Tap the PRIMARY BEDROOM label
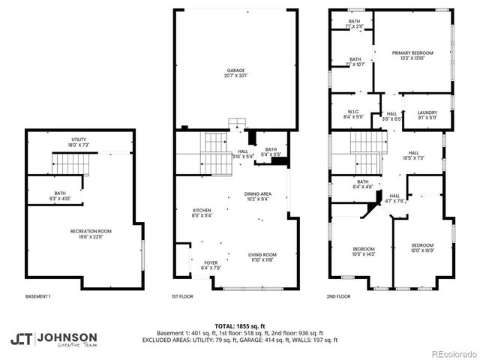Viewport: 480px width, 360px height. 412,55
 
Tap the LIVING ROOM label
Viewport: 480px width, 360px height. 262,258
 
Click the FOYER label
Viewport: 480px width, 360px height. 210,265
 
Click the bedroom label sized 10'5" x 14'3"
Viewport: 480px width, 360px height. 364,251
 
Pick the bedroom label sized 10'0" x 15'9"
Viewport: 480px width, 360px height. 422,248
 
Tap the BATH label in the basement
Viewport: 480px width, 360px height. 59,196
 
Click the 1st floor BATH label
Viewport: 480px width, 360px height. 271,152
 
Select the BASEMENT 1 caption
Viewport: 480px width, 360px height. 38,296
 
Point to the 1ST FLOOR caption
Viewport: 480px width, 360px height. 183,296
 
